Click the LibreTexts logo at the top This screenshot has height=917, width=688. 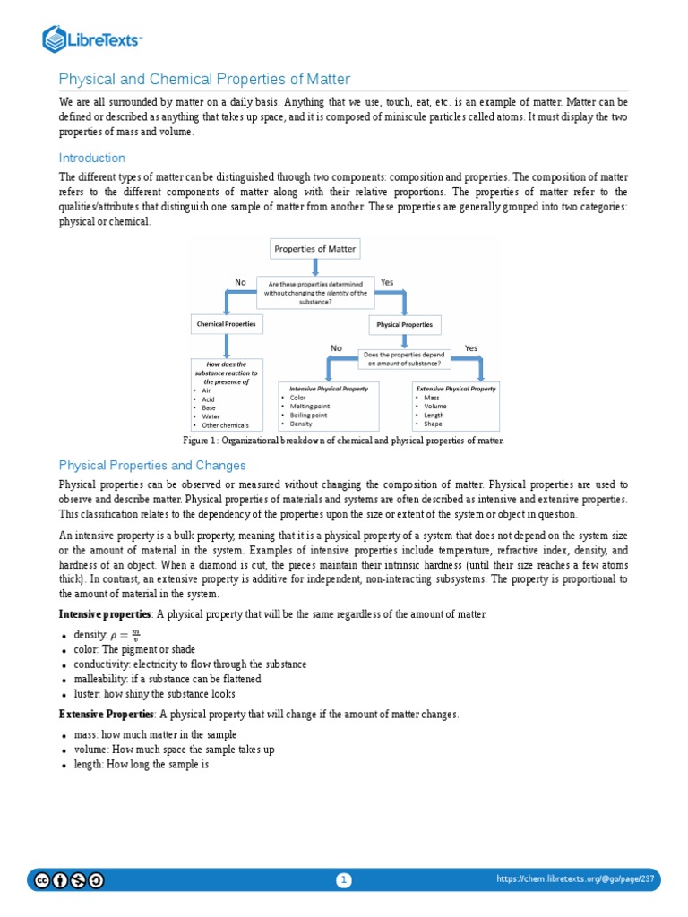coord(93,39)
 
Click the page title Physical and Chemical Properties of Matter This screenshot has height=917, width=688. coord(204,79)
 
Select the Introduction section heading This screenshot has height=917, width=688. coord(91,159)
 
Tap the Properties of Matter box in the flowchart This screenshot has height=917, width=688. coord(314,248)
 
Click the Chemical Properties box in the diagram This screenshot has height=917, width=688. coord(226,323)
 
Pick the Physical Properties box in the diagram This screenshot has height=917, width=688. coord(404,324)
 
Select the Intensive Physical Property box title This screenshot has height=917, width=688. coord(328,389)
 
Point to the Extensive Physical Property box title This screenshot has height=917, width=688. coord(455,389)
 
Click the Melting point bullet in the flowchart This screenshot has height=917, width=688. coord(309,407)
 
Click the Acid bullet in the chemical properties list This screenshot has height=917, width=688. coord(210,399)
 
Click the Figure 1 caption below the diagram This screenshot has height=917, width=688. coord(343,441)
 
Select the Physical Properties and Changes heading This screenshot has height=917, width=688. coord(151,466)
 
